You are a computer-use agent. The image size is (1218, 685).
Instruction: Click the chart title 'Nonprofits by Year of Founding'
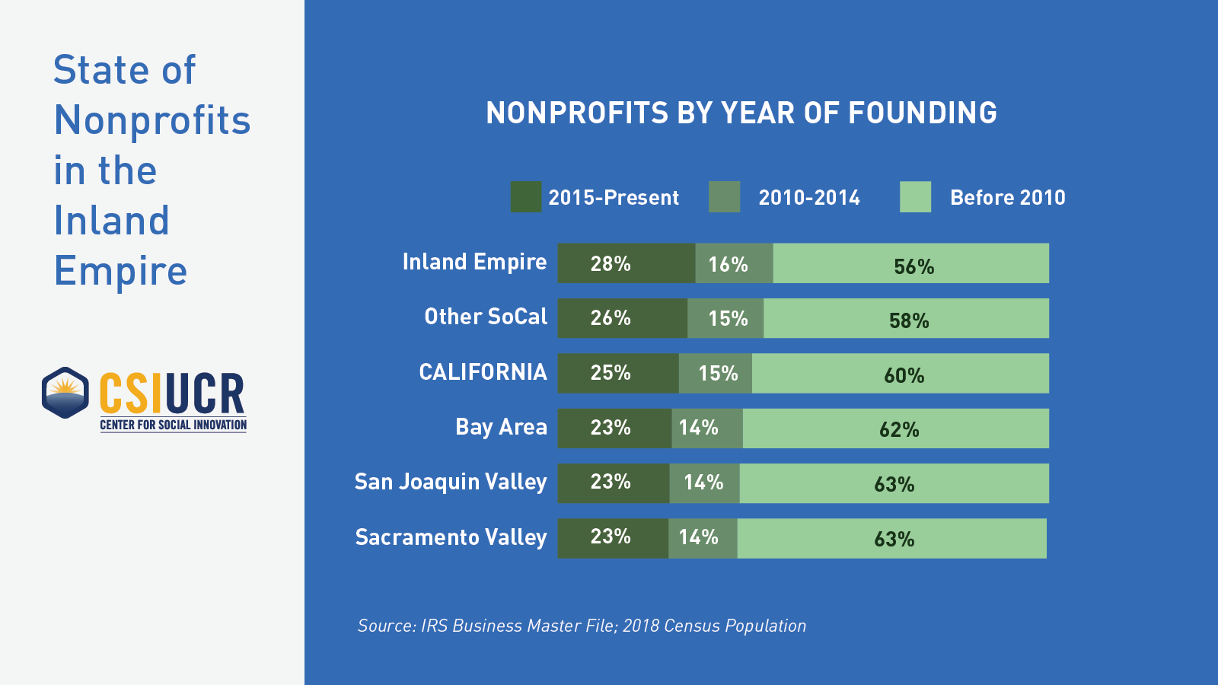pos(741,113)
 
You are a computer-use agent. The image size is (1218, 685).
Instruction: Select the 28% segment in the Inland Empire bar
pos(626,263)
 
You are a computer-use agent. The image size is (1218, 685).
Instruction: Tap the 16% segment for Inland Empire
pos(734,263)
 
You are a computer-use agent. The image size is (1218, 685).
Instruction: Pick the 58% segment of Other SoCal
pos(906,318)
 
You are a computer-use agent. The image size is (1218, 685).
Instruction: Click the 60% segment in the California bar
pos(901,373)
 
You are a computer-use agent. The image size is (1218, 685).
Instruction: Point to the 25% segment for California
pos(617,373)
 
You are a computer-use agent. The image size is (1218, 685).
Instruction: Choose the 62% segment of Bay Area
pos(896,429)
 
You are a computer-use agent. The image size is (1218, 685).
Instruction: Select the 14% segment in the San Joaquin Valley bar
pos(704,483)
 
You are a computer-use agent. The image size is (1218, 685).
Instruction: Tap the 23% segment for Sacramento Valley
pos(613,538)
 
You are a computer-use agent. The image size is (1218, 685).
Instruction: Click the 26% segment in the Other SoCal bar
pos(622,318)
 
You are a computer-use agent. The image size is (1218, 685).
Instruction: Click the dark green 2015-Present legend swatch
pos(525,197)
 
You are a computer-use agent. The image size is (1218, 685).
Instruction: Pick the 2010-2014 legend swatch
pos(724,197)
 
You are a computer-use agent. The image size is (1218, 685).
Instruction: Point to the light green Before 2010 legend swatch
pos(915,197)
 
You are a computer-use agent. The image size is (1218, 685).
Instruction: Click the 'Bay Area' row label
pos(501,427)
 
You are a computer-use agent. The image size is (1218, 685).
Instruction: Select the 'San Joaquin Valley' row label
pos(451,482)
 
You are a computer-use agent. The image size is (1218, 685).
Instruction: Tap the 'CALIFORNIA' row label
pos(483,372)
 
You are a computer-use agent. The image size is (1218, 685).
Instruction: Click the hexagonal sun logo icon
pos(65,393)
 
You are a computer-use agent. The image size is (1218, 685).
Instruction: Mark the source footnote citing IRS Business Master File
pos(582,626)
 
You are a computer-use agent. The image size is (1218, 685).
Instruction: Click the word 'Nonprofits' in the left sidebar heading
pos(152,120)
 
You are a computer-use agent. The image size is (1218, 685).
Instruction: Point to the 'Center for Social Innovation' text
pos(174,425)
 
